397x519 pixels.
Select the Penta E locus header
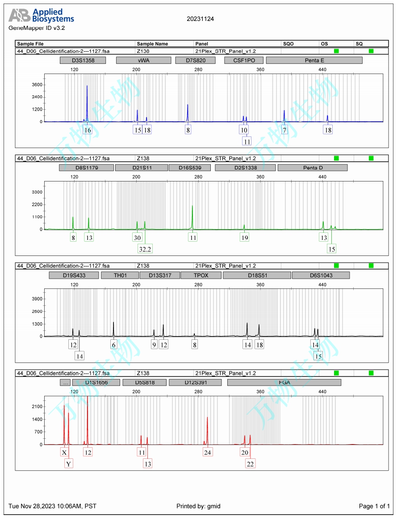pyautogui.click(x=314, y=60)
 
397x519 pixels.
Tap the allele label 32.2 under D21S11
pyautogui.click(x=145, y=249)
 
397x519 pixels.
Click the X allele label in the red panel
pyautogui.click(x=64, y=452)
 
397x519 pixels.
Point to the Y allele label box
pyautogui.click(x=69, y=464)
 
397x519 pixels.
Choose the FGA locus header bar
pyautogui.click(x=284, y=383)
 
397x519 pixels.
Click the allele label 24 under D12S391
pyautogui.click(x=207, y=452)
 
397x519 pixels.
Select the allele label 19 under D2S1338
pyautogui.click(x=244, y=238)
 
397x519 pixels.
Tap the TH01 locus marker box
pyautogui.click(x=120, y=275)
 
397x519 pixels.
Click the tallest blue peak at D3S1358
pyautogui.click(x=87, y=86)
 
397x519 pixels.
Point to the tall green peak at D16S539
pyautogui.click(x=192, y=207)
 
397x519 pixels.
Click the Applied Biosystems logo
pyautogui.click(x=42, y=16)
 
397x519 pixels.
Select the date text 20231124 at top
pyautogui.click(x=200, y=19)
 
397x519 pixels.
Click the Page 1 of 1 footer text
pyautogui.click(x=374, y=506)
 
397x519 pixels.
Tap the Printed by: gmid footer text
pyautogui.click(x=198, y=506)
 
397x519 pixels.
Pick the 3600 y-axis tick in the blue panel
pyautogui.click(x=37, y=85)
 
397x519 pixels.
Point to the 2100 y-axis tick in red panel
pyautogui.click(x=37, y=407)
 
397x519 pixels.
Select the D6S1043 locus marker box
pyautogui.click(x=321, y=275)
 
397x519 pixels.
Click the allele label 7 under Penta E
pyautogui.click(x=284, y=130)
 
